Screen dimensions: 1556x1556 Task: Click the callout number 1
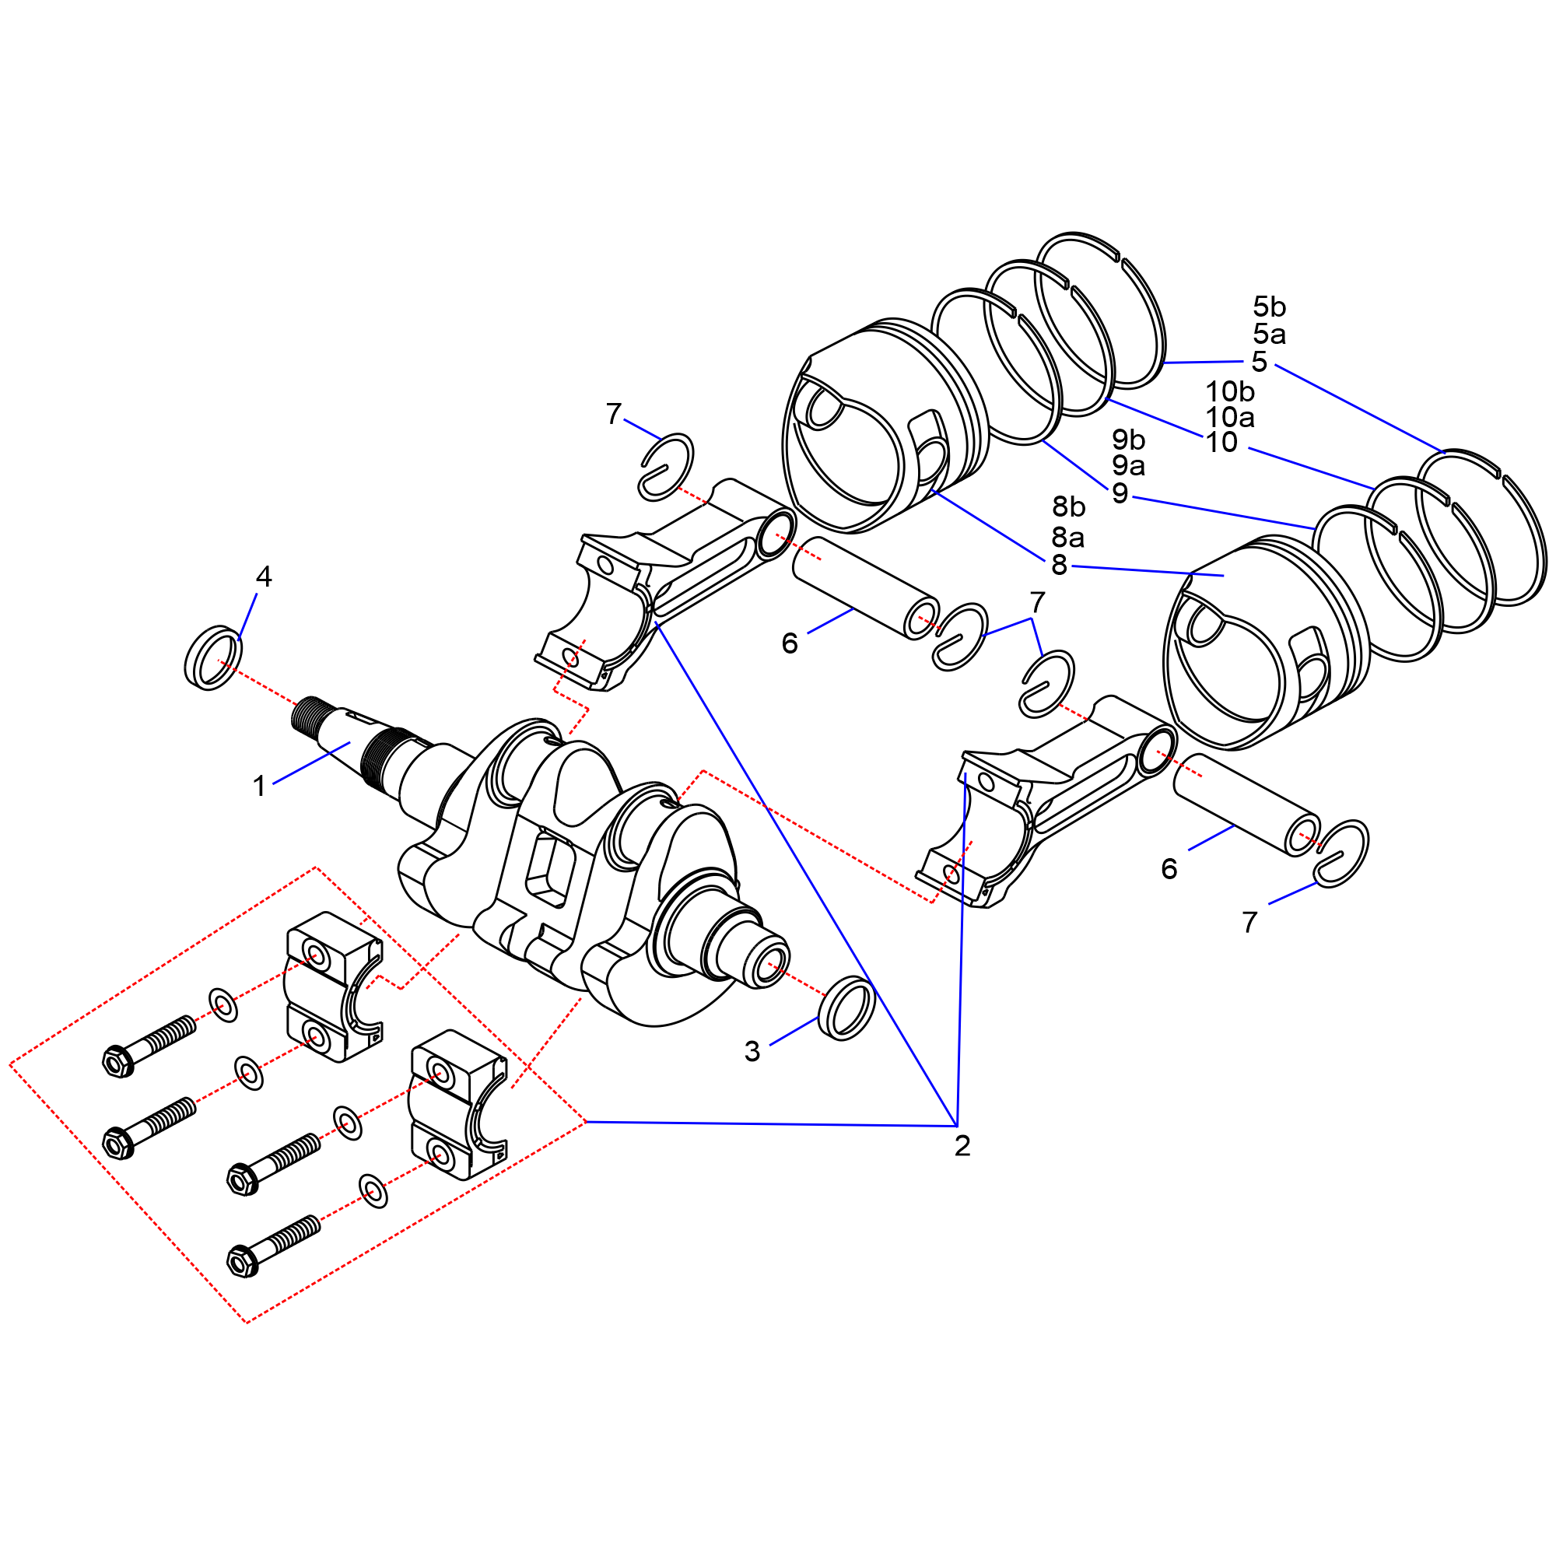(259, 786)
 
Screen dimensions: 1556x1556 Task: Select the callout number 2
(962, 1146)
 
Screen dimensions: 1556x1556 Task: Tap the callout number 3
(752, 1051)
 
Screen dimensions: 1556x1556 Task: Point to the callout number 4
(264, 576)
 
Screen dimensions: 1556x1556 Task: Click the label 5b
(1269, 307)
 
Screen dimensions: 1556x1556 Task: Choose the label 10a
(1230, 417)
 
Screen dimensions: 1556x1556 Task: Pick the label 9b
(1128, 440)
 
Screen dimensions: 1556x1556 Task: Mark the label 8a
(1068, 536)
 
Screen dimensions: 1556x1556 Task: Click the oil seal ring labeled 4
(213, 657)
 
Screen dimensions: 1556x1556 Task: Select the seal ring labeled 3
(846, 1008)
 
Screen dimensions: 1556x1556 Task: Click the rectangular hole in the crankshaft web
(550, 871)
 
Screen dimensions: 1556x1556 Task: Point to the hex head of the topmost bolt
(118, 1061)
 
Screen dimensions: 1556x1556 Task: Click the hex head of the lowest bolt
(242, 1260)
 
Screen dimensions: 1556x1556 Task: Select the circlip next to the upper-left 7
(666, 466)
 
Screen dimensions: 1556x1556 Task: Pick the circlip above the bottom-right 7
(1341, 853)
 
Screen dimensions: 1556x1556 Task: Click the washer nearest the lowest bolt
(373, 1190)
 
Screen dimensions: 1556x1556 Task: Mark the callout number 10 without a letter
(1221, 442)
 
